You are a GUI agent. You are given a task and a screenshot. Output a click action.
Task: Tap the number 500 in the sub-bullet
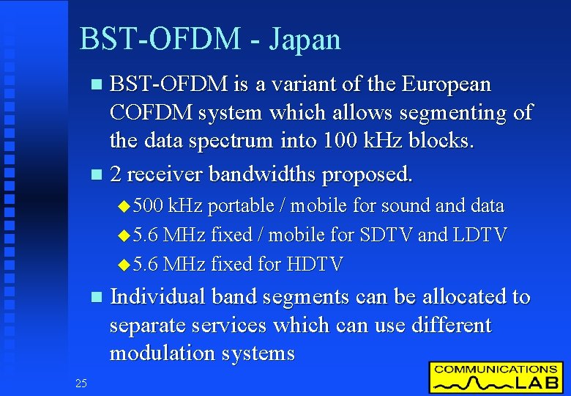tap(151, 206)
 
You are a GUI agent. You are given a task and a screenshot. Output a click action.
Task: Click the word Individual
tap(157, 297)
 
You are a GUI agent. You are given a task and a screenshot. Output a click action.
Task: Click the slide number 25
tap(81, 383)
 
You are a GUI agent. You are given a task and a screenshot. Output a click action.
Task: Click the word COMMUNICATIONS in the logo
tap(496, 370)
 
